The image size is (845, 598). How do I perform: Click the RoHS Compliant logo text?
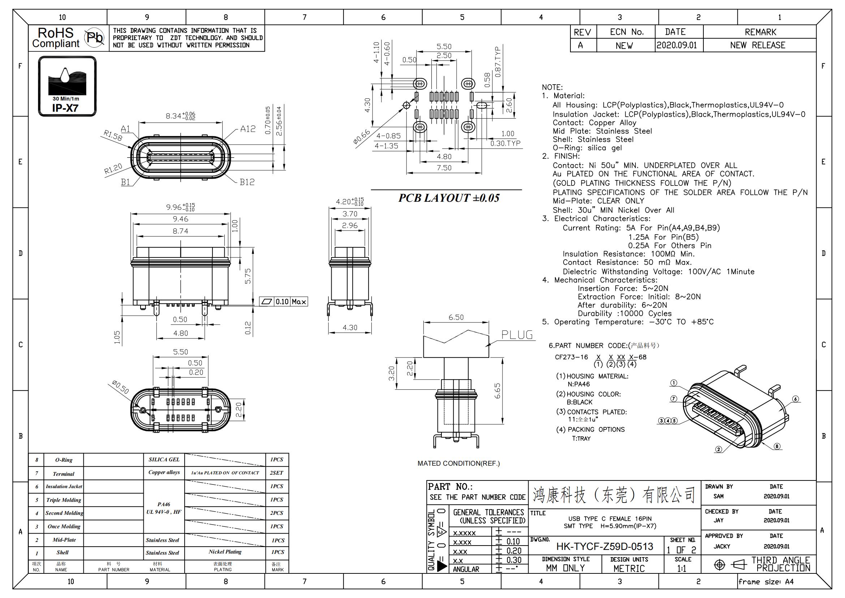[56, 38]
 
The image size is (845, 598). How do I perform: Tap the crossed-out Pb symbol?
[95, 38]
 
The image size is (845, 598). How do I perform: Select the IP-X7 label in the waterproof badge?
[65, 108]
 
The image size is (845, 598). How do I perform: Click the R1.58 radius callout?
[113, 136]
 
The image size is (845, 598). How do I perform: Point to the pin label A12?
[248, 129]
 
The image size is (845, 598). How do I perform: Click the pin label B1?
[125, 182]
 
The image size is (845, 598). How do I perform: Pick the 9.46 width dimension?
[180, 219]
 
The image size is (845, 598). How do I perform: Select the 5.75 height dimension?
[248, 276]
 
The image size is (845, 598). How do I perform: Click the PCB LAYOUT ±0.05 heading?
[449, 198]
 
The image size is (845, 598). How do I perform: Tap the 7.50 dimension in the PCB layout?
[444, 167]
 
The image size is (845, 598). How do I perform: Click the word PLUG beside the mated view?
[517, 335]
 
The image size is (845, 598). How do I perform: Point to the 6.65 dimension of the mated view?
[497, 391]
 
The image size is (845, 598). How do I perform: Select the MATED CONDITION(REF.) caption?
[458, 463]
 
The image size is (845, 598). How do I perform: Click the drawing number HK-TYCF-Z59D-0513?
[605, 546]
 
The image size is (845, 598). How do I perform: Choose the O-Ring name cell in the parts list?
[64, 460]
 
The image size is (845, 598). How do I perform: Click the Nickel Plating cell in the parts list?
[225, 552]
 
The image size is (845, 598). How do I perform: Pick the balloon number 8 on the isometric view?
[777, 446]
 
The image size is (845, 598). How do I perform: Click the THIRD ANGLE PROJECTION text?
[781, 564]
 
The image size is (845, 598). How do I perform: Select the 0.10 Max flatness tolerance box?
[283, 302]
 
